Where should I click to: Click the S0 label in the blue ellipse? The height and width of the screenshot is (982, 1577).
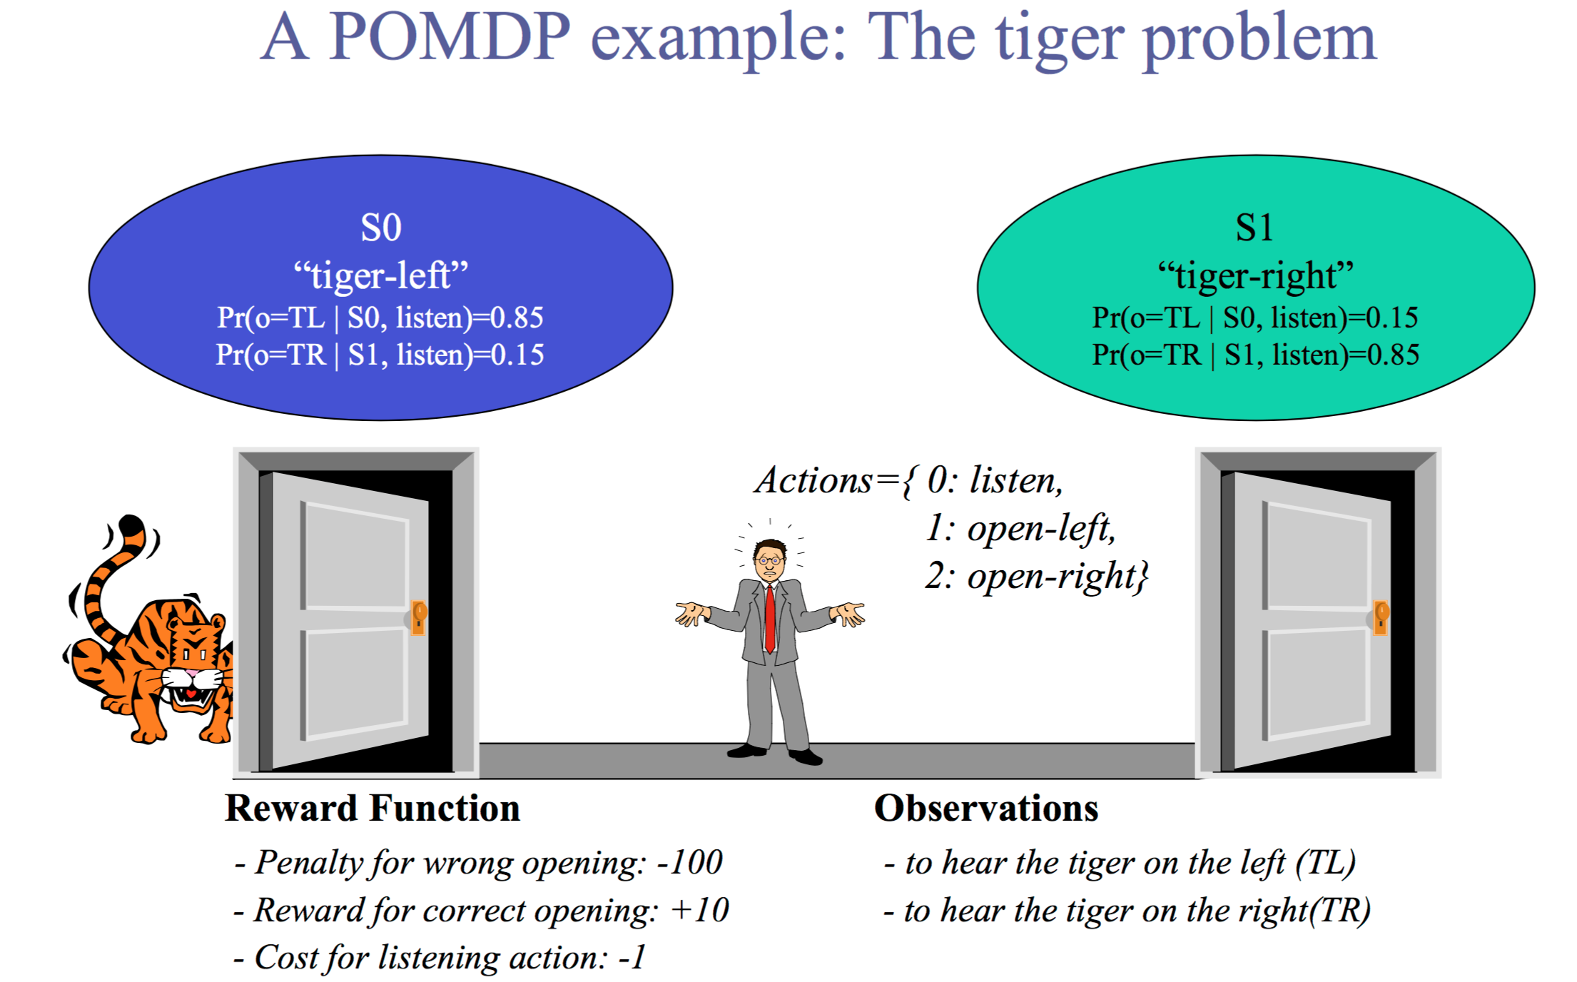[381, 228]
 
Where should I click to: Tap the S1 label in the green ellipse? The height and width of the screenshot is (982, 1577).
[1254, 228]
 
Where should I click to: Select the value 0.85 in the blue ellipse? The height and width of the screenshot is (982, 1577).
[517, 318]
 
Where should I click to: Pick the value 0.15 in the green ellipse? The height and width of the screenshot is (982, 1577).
[1391, 318]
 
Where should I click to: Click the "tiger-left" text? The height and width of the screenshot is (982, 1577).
[381, 275]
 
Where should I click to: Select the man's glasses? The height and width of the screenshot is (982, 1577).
[770, 561]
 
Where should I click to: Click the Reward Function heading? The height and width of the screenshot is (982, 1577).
[372, 809]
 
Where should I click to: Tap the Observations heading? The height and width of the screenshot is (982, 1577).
[986, 809]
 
